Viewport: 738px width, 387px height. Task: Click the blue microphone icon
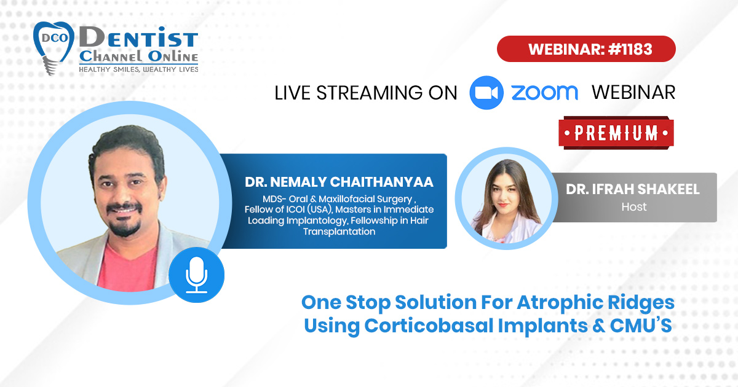coord(196,275)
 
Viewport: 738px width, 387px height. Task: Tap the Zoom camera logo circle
coord(486,93)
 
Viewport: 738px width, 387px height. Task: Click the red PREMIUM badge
coord(616,133)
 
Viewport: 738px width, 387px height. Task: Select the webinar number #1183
coord(630,49)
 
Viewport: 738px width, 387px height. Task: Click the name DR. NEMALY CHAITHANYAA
coord(339,182)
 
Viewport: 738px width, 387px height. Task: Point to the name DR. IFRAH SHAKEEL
coord(633,189)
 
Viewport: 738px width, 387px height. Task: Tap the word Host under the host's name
coord(634,207)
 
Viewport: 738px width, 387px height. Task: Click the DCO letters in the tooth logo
coord(54,38)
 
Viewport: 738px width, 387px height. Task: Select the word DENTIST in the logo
coord(138,37)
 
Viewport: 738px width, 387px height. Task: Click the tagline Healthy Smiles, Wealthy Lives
coord(138,69)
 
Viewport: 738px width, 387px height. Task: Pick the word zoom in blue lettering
coord(545,93)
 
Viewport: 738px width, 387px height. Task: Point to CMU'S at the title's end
coord(641,326)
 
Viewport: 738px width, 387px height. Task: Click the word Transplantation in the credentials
coord(339,232)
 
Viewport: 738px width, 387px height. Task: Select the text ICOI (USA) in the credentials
coord(309,209)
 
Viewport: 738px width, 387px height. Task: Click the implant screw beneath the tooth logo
coord(49,65)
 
